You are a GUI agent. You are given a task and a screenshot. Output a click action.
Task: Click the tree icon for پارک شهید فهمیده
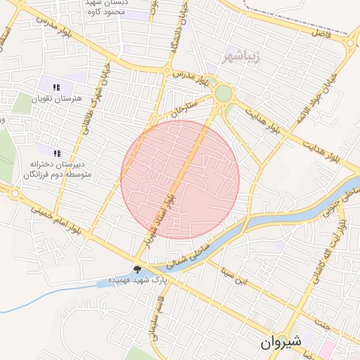(137, 269)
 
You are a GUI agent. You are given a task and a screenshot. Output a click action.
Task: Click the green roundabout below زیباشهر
(224, 93)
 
